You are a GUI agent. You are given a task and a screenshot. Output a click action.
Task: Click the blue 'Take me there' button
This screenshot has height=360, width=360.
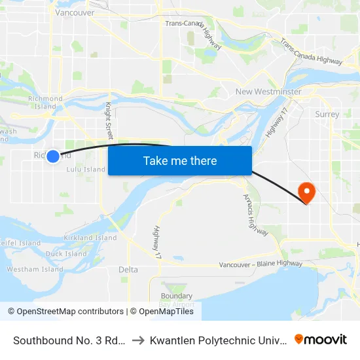[x=180, y=160]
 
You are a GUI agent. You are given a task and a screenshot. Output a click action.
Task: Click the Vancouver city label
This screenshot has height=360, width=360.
[x=75, y=12]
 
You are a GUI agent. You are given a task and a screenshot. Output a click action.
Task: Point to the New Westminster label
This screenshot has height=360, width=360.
[x=268, y=92]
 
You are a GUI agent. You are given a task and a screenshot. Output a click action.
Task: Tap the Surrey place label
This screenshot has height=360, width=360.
[x=327, y=115]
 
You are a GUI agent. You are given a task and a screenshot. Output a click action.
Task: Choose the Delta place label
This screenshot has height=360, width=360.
[x=128, y=270]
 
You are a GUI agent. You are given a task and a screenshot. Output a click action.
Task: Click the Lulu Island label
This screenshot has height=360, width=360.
[x=86, y=170]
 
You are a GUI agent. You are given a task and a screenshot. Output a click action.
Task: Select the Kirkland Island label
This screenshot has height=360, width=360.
[x=90, y=238]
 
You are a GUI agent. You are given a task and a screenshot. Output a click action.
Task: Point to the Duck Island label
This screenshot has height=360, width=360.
[x=66, y=254]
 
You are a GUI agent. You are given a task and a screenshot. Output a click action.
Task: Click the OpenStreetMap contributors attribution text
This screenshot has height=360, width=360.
[x=70, y=312]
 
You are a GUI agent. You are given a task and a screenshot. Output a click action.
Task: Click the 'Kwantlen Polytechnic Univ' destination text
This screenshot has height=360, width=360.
[x=219, y=340]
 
